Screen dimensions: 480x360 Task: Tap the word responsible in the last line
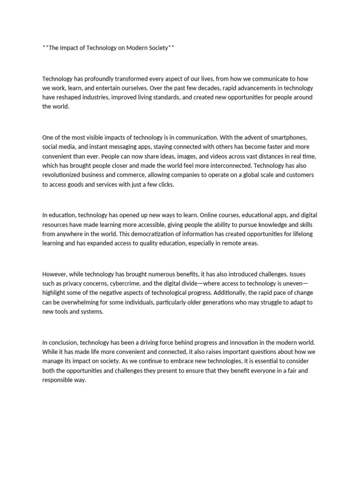pyautogui.click(x=60, y=380)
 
